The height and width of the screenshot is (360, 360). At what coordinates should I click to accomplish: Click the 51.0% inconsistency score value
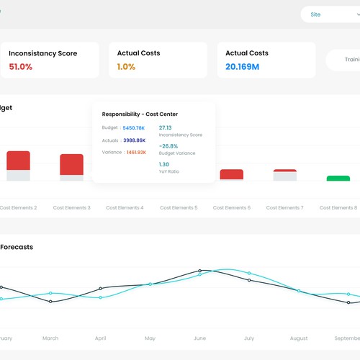coord(21,67)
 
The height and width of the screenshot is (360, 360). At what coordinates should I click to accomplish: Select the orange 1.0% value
coord(127,67)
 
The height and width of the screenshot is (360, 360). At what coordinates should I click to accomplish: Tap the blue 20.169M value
coord(242,67)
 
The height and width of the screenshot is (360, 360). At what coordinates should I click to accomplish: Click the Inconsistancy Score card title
coord(42,53)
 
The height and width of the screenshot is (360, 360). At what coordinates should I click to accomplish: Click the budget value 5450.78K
coord(134,128)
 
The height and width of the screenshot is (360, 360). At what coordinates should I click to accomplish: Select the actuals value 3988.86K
coord(134,140)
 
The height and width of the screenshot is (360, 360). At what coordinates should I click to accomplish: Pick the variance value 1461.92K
coord(136,153)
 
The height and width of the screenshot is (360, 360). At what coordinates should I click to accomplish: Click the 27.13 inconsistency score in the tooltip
coord(165,127)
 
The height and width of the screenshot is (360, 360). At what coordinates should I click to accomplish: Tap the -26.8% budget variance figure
coord(169,146)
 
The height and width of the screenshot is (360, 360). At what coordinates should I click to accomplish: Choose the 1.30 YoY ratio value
coord(164,164)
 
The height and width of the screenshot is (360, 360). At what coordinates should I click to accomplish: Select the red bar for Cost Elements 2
coord(18,161)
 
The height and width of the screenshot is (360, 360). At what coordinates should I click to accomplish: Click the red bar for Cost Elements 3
coord(71,163)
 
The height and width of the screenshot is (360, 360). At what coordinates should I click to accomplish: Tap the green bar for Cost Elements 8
coord(338,178)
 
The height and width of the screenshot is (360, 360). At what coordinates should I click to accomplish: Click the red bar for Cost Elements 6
coord(231,174)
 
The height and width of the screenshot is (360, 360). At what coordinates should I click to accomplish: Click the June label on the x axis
coord(199,338)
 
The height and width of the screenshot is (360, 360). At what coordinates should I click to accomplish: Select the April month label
coord(100,338)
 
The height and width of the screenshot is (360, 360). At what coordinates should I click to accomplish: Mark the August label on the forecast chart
coord(298,338)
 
